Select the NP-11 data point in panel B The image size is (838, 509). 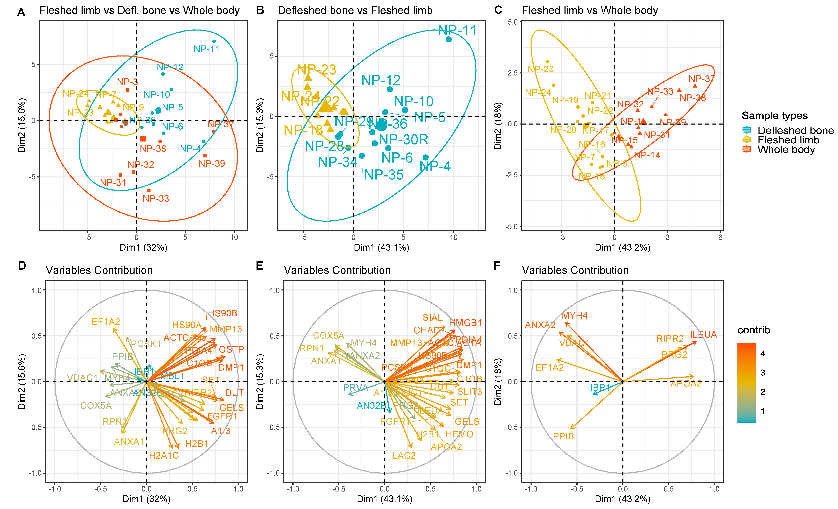click(x=449, y=39)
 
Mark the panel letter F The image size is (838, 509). click(x=497, y=265)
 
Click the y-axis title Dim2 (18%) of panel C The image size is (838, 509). click(x=498, y=126)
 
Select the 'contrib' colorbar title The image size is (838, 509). click(x=754, y=330)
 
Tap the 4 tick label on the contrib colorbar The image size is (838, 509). click(x=763, y=353)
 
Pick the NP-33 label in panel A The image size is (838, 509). click(x=156, y=199)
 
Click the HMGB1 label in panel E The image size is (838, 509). click(x=465, y=323)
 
